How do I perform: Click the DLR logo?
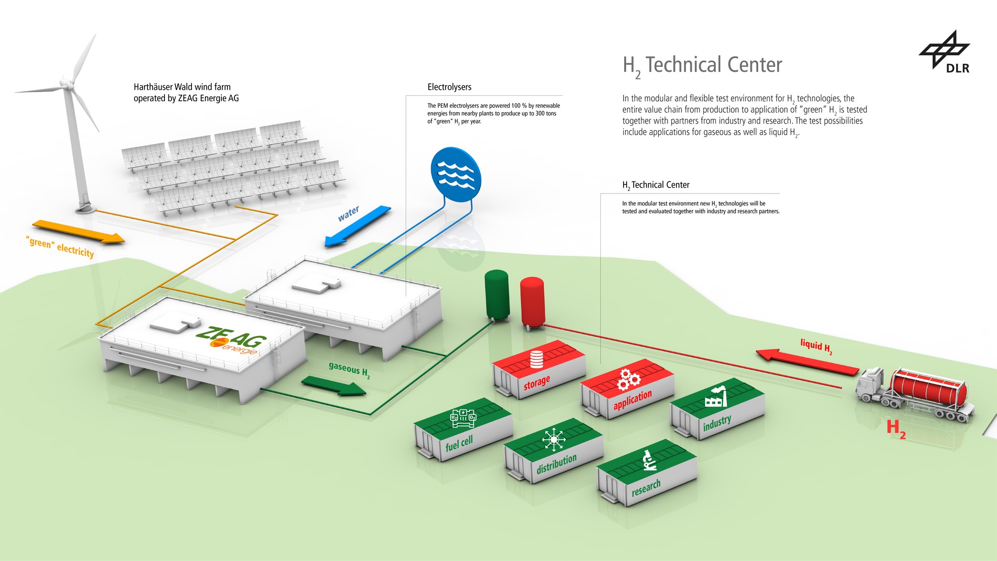point(945,52)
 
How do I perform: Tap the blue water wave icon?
point(456,174)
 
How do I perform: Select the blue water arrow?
point(358,226)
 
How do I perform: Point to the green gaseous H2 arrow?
point(334,385)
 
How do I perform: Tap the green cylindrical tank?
point(497,295)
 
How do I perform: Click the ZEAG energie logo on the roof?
point(231,340)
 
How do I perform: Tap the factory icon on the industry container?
point(716,397)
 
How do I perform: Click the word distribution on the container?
point(556,464)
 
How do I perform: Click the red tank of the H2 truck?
point(928,388)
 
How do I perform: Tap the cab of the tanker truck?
point(870,383)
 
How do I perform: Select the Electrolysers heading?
point(449,87)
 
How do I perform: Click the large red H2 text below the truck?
point(896,428)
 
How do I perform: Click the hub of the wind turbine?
point(65,83)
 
